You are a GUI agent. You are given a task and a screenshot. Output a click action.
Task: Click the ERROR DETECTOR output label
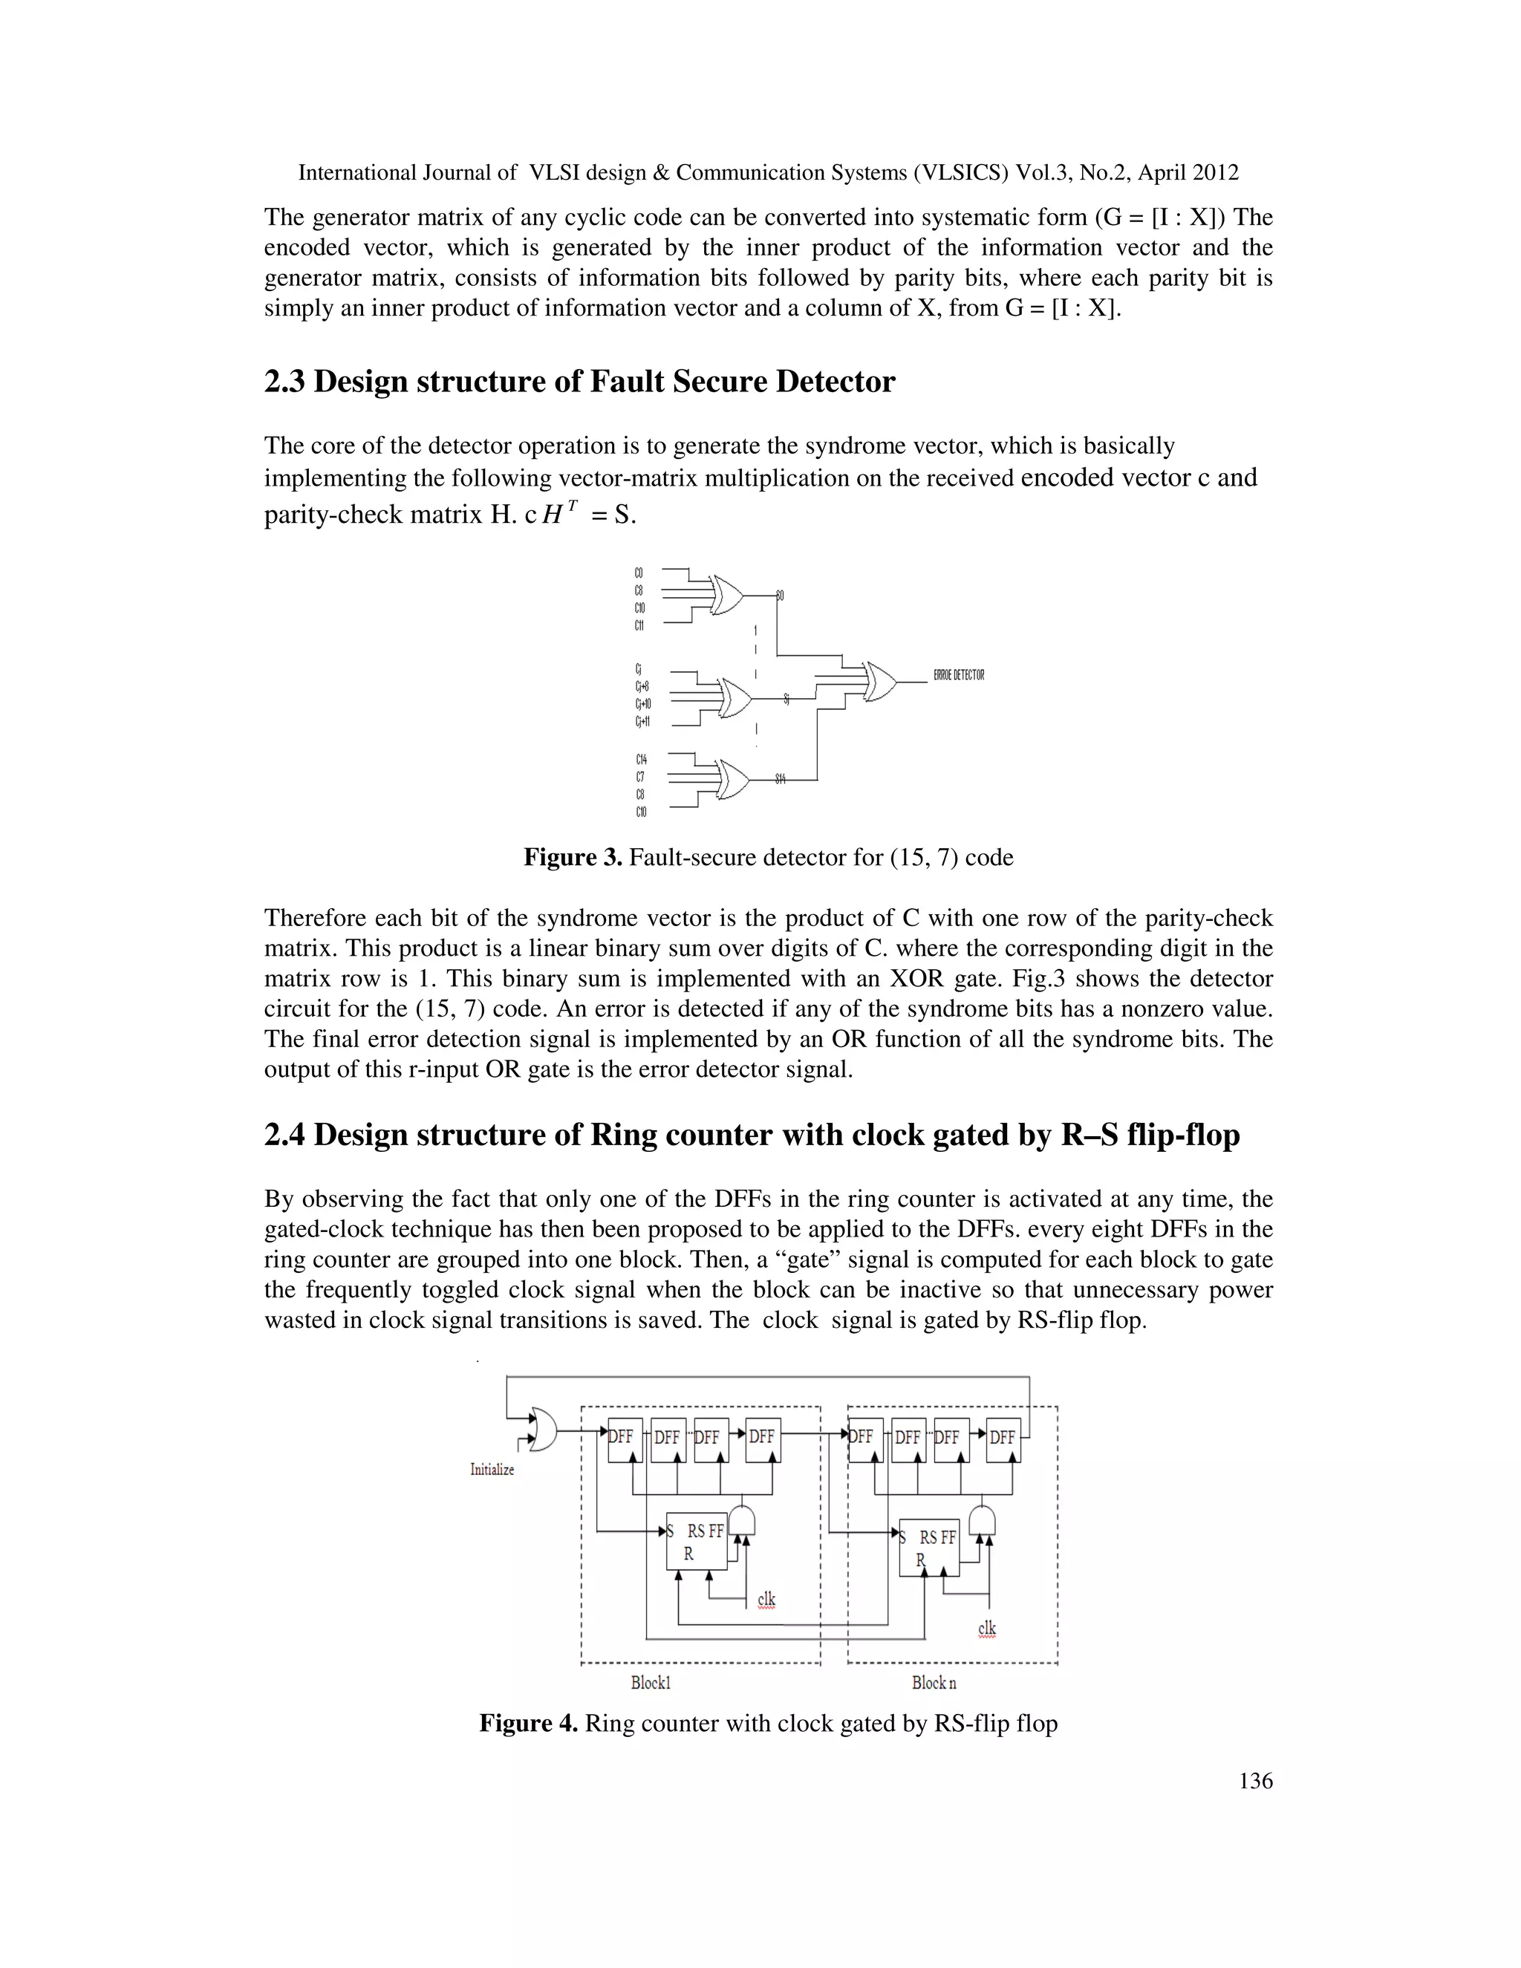[x=959, y=675]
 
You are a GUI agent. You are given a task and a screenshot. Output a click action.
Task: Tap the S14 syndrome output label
[x=781, y=778]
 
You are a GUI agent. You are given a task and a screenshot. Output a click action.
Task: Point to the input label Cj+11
[x=642, y=722]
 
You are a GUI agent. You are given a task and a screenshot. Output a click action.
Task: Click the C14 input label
[x=641, y=760]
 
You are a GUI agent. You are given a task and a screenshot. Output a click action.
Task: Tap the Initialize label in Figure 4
[x=492, y=1470]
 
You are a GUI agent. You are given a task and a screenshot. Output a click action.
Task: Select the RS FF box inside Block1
[x=696, y=1540]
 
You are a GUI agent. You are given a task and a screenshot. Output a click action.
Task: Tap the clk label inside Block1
[x=766, y=1599]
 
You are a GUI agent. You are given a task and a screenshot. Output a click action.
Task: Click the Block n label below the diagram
[x=934, y=1682]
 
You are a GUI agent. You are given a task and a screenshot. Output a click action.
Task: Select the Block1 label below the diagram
[x=651, y=1682]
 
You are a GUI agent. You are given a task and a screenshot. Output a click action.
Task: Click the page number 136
[x=1255, y=1781]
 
